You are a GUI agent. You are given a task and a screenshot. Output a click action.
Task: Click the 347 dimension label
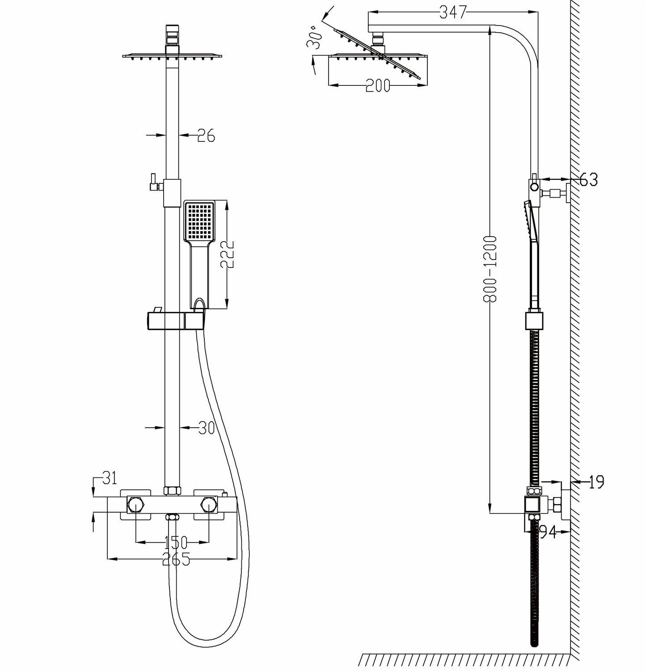(453, 13)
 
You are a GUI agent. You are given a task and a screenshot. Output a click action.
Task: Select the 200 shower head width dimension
(378, 85)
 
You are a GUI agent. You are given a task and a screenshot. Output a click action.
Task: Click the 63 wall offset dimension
(588, 179)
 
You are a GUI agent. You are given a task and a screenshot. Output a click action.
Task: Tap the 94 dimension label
(546, 532)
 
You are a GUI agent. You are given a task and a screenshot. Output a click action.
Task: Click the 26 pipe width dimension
(206, 135)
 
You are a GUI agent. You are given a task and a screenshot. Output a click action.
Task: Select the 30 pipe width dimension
(206, 428)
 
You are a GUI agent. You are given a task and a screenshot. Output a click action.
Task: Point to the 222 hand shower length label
(228, 254)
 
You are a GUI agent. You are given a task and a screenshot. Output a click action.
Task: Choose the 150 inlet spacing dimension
(175, 543)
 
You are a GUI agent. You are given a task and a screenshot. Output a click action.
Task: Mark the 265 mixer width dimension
(175, 559)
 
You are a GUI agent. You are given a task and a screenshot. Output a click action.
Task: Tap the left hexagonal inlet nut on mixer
(135, 505)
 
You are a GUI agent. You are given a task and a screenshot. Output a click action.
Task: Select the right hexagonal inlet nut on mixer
(208, 505)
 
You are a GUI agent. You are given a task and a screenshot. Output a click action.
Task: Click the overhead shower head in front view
(173, 56)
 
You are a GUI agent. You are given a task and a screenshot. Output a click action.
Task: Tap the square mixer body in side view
(532, 505)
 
